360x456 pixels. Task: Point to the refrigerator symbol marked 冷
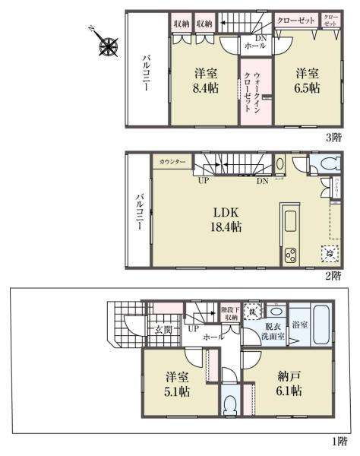click(x=329, y=254)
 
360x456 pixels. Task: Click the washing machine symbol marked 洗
click(x=253, y=310)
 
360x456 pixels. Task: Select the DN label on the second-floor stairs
click(x=261, y=180)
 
